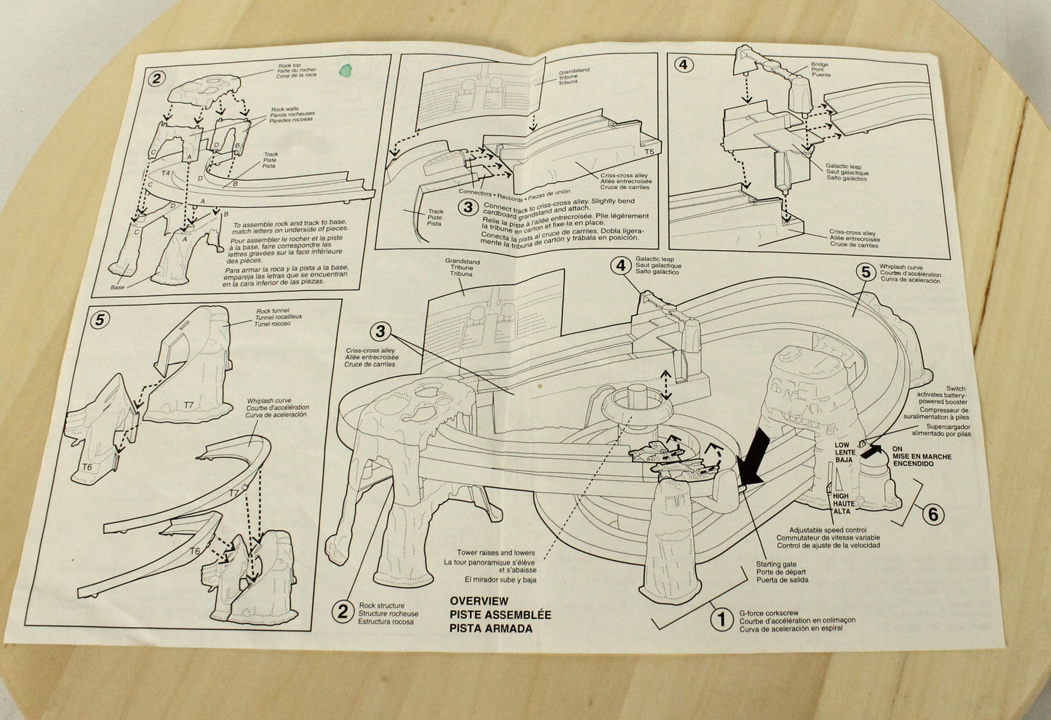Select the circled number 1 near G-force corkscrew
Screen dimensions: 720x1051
tap(721, 620)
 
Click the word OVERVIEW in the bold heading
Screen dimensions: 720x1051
tap(479, 601)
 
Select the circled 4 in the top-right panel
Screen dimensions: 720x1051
tap(682, 64)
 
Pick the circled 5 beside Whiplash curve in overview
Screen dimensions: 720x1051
tap(866, 272)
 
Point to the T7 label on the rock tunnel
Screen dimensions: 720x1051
tap(188, 404)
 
